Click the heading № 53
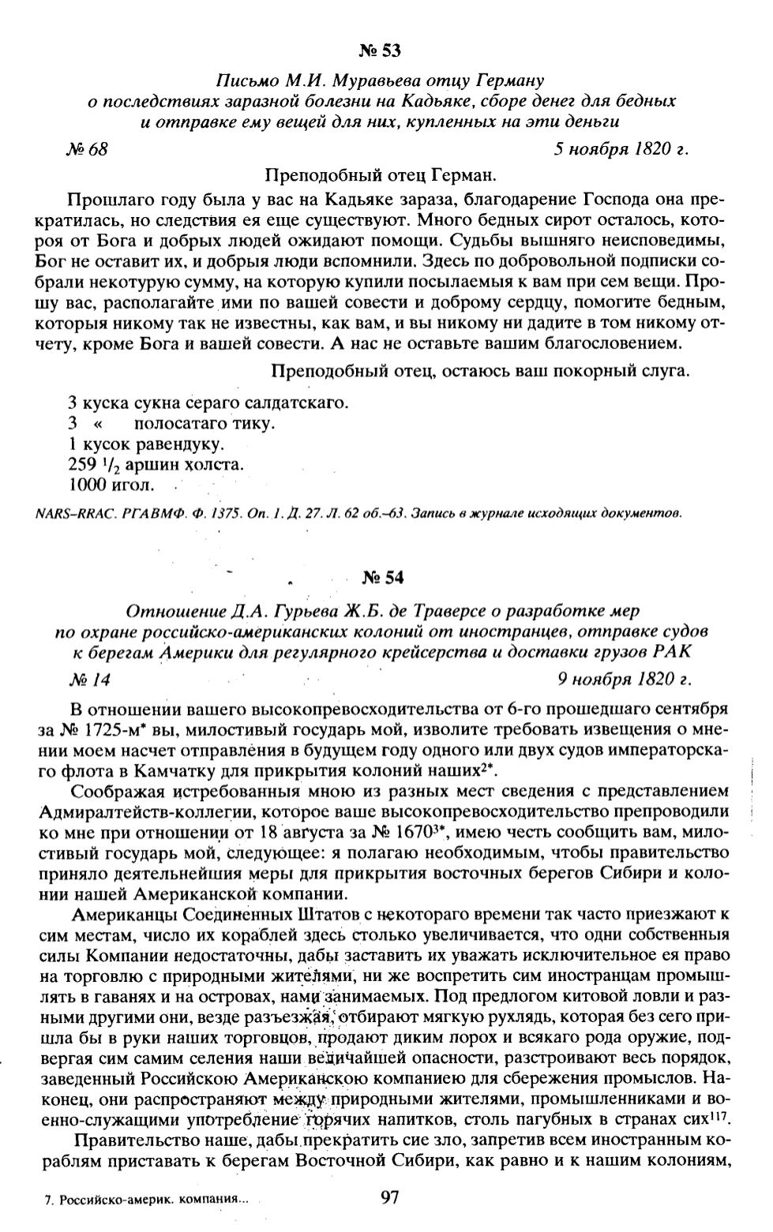380,52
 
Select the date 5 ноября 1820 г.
621,149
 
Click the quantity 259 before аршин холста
84,464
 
